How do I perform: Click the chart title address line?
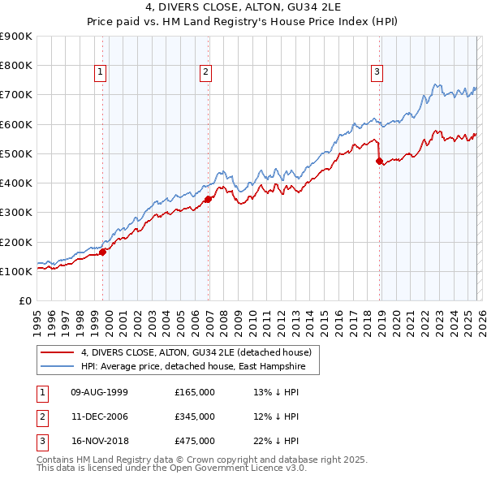click(243, 8)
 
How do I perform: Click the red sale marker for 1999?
click(103, 252)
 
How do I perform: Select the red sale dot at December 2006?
click(209, 199)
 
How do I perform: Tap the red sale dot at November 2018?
click(379, 161)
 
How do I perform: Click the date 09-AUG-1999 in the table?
click(100, 392)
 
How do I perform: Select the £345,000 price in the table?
click(195, 416)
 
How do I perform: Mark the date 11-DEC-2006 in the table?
click(100, 416)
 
